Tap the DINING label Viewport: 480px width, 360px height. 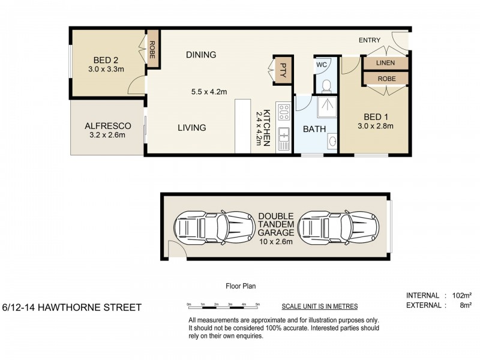click(x=200, y=55)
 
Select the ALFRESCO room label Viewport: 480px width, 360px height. click(x=104, y=125)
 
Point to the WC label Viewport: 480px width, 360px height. click(x=321, y=64)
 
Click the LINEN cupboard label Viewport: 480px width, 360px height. click(x=385, y=63)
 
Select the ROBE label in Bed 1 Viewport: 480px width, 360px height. click(x=385, y=78)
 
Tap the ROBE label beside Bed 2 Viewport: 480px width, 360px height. click(x=152, y=47)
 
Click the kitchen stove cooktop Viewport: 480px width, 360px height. click(x=284, y=112)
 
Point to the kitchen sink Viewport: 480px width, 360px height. click(x=284, y=137)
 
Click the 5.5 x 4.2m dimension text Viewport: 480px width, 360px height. click(x=209, y=92)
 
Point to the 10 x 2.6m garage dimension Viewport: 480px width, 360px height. click(x=276, y=242)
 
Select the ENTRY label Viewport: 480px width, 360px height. click(x=370, y=40)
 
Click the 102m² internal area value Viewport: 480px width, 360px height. click(x=460, y=295)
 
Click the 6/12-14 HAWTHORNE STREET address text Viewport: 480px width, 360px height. click(x=72, y=308)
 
